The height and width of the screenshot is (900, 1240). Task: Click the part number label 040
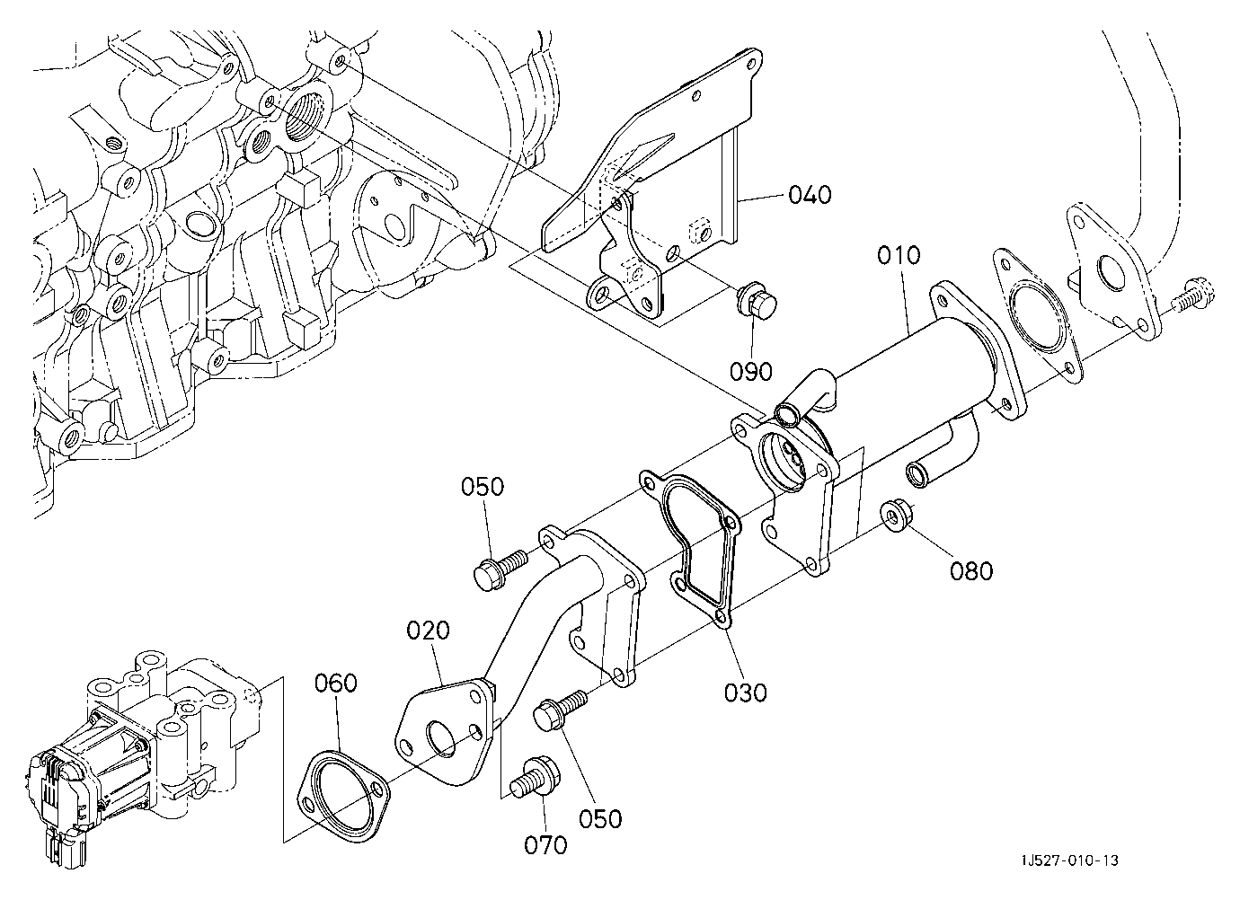point(810,195)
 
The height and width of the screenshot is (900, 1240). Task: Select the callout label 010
point(899,255)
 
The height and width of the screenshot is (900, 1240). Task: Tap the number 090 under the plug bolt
point(750,371)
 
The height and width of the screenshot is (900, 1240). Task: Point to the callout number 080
point(971,571)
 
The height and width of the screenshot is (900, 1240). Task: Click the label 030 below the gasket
point(746,693)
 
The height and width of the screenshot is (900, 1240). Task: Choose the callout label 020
point(429,631)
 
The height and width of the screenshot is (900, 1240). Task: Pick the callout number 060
point(336,683)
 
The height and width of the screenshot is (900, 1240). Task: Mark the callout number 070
point(545,845)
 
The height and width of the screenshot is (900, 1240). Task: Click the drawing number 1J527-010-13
point(1070,860)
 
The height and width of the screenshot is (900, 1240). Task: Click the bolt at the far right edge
point(1194,296)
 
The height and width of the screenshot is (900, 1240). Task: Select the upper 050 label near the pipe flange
point(483,487)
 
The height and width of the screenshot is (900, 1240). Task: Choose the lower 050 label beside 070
point(600,818)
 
